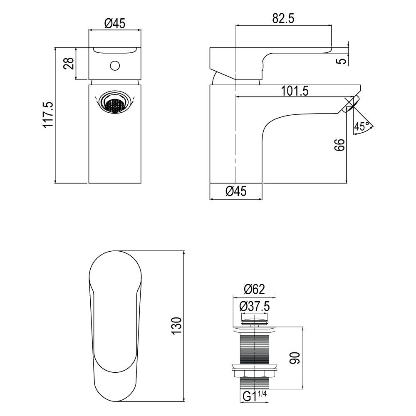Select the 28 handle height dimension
69,63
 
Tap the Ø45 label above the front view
114,24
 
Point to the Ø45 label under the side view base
236,191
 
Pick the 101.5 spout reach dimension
295,91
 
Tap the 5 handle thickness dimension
342,61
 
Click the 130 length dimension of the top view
176,326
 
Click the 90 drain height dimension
294,358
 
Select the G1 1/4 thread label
254,396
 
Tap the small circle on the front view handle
115,65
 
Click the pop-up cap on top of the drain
254,321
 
